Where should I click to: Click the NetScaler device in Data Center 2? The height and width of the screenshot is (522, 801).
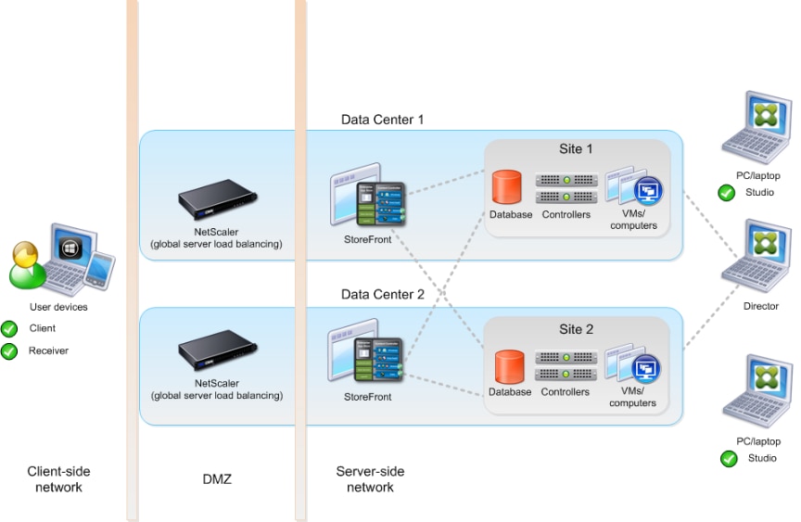[217, 355]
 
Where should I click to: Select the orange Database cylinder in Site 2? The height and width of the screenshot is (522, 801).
[507, 366]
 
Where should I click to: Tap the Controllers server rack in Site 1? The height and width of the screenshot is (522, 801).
[566, 188]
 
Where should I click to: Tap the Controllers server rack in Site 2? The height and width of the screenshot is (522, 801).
[566, 367]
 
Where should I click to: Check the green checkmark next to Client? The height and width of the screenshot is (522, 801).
[10, 328]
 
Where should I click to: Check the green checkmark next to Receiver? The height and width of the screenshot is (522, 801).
[10, 350]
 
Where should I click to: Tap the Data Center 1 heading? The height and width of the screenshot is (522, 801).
[382, 120]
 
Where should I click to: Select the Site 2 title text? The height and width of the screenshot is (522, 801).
[576, 329]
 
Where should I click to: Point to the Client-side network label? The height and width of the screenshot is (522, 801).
[59, 479]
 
